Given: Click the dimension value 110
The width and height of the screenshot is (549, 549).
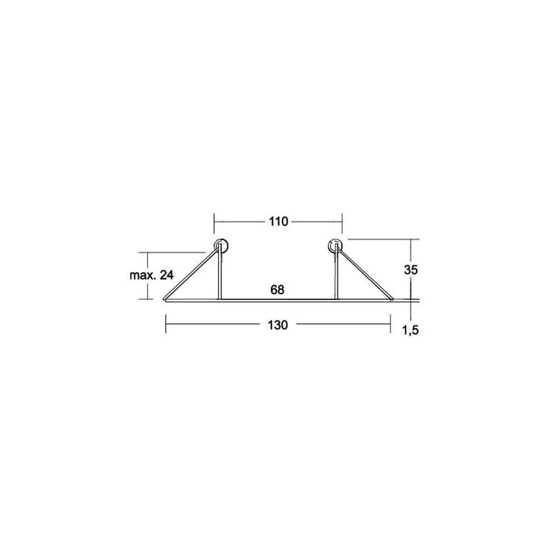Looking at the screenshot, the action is [x=278, y=222].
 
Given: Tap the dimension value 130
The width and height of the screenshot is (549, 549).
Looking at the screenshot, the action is [x=278, y=325].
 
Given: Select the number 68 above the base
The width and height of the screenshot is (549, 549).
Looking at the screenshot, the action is [x=277, y=290].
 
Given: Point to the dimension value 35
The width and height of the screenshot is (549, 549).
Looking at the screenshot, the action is [x=411, y=270].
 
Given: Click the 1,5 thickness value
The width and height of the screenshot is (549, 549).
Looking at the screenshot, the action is [x=410, y=330].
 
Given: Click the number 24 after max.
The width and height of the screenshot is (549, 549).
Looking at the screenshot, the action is [x=167, y=275].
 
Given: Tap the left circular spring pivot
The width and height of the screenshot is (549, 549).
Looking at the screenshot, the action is [x=221, y=246].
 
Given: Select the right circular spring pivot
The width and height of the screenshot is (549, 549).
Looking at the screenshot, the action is [x=335, y=246].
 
